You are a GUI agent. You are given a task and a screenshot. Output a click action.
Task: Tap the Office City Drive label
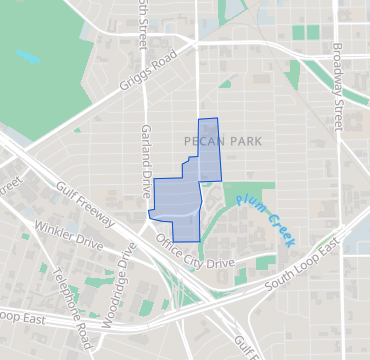point(195,251)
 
